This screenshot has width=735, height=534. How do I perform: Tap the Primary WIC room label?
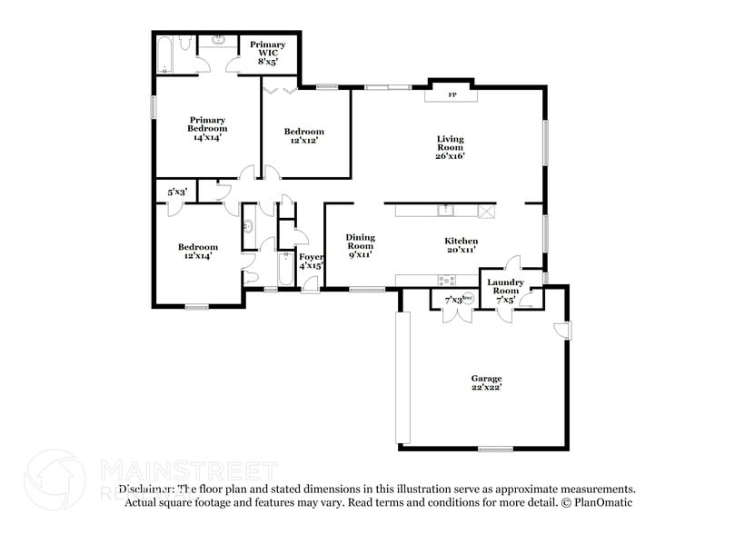tap(268, 53)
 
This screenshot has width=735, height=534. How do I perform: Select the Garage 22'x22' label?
tap(486, 383)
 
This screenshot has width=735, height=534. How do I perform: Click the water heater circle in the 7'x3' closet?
tap(468, 297)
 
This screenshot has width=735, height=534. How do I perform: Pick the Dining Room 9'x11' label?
tap(360, 246)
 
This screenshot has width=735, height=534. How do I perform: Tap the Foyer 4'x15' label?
tap(311, 262)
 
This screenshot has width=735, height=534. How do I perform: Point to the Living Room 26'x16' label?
tap(451, 147)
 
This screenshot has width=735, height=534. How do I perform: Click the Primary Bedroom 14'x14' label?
tap(207, 128)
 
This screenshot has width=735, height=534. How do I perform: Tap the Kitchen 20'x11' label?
tap(461, 245)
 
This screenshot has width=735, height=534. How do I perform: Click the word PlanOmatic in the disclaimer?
tap(602, 502)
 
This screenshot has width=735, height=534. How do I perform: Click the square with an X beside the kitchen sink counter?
tap(487, 212)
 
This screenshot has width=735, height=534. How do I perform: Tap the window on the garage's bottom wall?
tap(496, 448)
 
